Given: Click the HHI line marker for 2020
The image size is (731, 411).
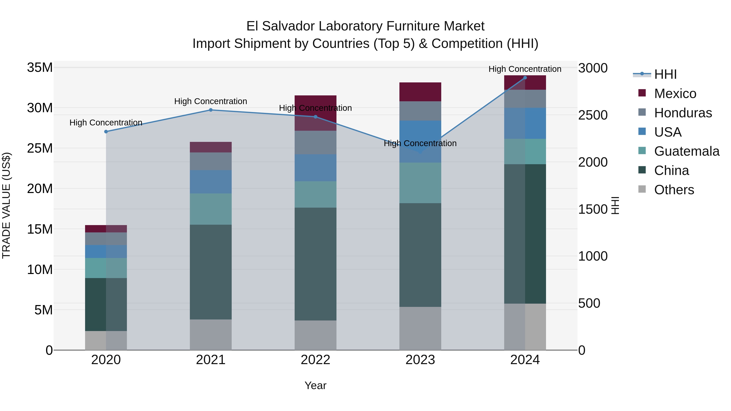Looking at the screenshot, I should click(106, 132).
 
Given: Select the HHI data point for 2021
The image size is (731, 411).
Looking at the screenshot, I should click(211, 110).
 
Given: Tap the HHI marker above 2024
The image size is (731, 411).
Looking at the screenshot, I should click(525, 78).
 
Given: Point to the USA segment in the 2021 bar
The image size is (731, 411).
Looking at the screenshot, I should click(211, 182).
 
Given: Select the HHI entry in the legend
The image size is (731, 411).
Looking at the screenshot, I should click(665, 74).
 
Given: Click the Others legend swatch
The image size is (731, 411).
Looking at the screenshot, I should click(642, 189).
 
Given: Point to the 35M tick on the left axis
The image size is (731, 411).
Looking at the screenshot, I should click(40, 68).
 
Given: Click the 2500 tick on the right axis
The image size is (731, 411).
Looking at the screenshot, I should click(593, 115).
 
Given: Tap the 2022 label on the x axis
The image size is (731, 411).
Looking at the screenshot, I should click(315, 360).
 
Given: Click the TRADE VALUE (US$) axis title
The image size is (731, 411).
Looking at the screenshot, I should click(6, 205).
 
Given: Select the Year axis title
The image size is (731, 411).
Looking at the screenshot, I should click(315, 385).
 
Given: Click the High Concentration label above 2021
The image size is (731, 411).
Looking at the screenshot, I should click(211, 101).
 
